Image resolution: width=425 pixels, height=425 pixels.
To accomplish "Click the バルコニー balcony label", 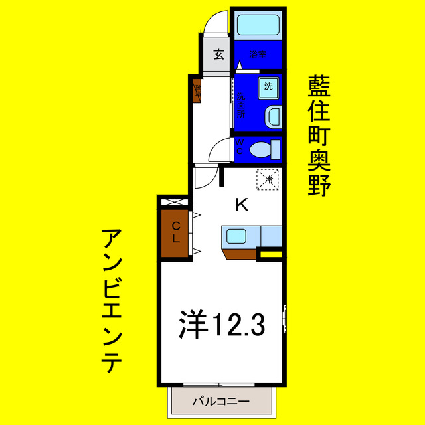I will [x=220, y=402].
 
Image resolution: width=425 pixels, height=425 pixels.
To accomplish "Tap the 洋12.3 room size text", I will [x=222, y=325].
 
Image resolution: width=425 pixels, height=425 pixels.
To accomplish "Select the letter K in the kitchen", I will [x=242, y=205].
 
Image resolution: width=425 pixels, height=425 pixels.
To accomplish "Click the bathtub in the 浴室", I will [x=258, y=26].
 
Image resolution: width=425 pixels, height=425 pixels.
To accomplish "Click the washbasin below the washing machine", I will [x=272, y=118].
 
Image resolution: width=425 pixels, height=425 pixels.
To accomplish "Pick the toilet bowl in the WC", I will [x=264, y=149].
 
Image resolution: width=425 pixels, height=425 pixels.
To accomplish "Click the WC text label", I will [x=240, y=147].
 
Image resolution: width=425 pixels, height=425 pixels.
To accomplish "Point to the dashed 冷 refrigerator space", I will [x=269, y=179].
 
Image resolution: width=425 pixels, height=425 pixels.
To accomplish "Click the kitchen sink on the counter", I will [x=236, y=235].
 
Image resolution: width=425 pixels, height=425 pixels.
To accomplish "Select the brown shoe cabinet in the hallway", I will [x=197, y=90].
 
